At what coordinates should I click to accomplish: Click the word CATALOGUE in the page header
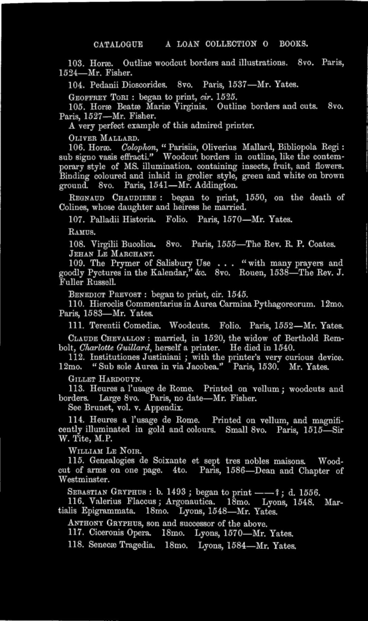click(116, 45)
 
